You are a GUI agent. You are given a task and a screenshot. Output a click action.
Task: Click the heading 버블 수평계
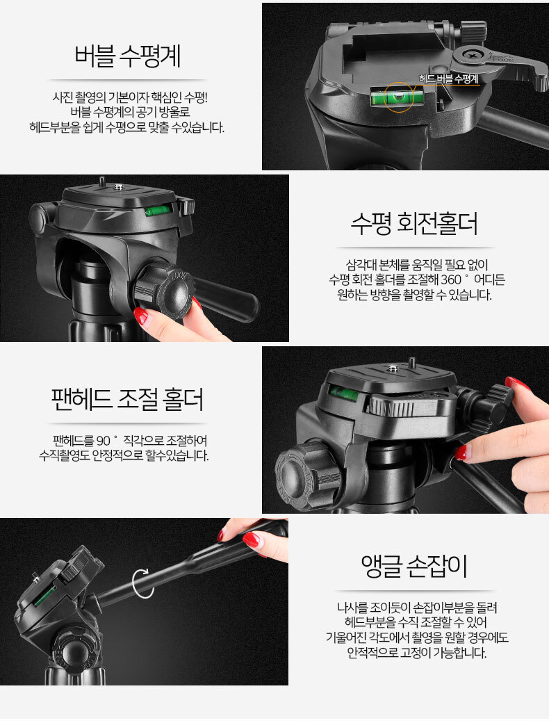(x=127, y=56)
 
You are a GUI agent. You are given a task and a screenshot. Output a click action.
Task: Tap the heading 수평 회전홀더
(x=414, y=224)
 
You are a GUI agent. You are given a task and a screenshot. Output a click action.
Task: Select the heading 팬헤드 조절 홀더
(x=127, y=399)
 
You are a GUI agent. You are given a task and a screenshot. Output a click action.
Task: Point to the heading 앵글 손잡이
(x=414, y=566)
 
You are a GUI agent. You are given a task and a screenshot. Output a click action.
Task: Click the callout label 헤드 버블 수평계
(x=448, y=79)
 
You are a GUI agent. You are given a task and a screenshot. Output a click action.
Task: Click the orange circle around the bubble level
(x=399, y=97)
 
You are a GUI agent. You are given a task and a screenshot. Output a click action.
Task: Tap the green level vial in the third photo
(x=343, y=393)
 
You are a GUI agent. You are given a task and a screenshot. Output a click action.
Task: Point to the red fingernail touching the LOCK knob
(x=141, y=316)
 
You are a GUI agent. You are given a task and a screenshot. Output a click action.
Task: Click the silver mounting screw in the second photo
(x=117, y=187)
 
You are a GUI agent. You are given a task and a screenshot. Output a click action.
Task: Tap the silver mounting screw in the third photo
(x=392, y=368)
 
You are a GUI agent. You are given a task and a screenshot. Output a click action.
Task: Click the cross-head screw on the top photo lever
(x=473, y=55)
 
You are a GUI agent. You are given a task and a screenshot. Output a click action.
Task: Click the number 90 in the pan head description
(x=104, y=441)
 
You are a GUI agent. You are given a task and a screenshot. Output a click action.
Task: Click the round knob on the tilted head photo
(x=74, y=651)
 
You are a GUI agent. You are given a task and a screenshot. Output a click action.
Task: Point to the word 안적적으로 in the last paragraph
(x=372, y=653)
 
